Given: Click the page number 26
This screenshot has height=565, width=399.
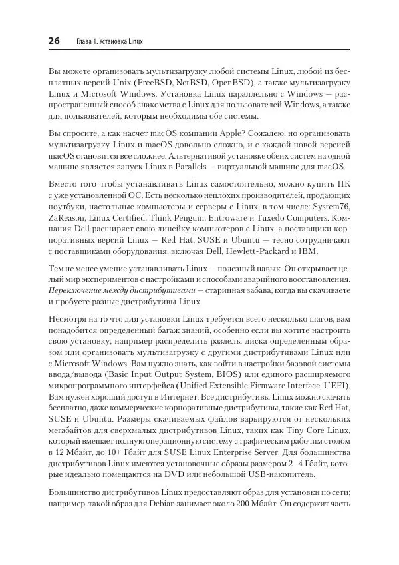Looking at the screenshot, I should (x=54, y=41).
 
